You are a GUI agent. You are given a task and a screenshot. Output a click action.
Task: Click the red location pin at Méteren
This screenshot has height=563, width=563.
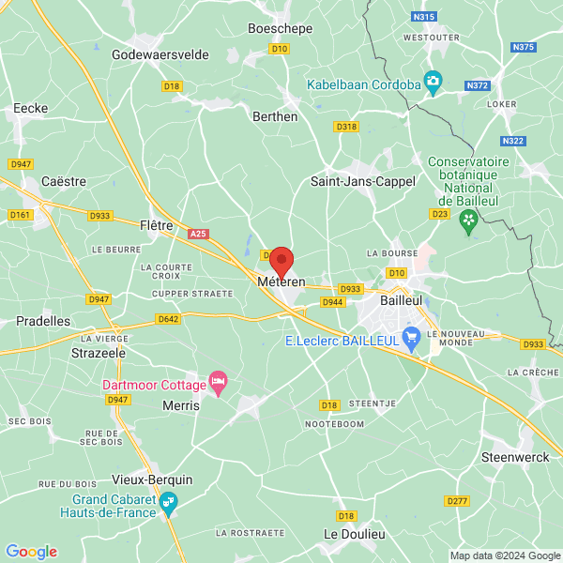(x=281, y=260)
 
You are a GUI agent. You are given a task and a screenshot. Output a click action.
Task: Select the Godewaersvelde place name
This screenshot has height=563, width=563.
(x=160, y=54)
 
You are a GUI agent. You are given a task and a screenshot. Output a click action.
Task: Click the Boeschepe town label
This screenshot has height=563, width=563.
(x=279, y=28)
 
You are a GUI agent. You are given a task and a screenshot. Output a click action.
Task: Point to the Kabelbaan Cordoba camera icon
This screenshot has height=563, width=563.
(x=433, y=84)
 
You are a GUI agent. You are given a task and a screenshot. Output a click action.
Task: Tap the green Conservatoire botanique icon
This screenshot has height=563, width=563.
(x=468, y=220)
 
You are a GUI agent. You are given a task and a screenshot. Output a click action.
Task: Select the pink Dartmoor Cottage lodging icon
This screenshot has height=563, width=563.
(x=219, y=382)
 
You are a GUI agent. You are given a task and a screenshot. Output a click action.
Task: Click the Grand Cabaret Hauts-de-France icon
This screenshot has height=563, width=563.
(x=168, y=505)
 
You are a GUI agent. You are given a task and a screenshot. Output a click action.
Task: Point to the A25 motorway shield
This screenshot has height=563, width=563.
(x=197, y=233)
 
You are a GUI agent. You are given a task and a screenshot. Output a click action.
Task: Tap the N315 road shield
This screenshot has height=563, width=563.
(x=424, y=17)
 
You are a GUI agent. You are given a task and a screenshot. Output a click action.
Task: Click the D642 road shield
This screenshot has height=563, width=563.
(x=169, y=319)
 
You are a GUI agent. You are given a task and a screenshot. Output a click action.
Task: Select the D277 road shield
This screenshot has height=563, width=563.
(x=457, y=501)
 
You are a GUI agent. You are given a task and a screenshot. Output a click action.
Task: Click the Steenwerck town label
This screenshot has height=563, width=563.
(x=515, y=457)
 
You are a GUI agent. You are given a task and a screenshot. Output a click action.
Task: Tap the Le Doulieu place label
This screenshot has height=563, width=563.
(x=355, y=533)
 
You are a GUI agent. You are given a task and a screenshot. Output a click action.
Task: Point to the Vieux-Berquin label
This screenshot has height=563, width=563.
(x=152, y=479)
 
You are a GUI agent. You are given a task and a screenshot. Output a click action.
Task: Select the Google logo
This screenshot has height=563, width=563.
(x=31, y=552)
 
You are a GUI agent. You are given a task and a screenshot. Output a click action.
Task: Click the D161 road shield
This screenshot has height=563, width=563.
(x=20, y=215)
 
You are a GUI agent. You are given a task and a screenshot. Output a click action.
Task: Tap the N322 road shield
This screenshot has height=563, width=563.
(x=513, y=141)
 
